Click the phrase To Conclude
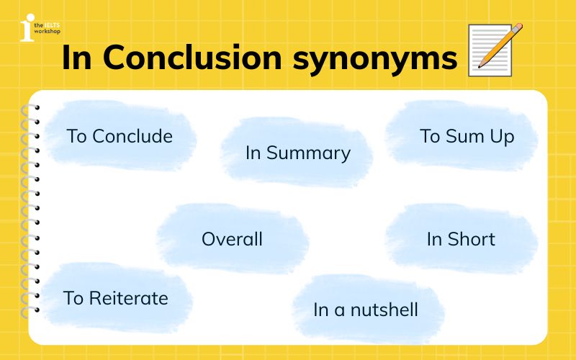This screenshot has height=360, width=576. click(120, 136)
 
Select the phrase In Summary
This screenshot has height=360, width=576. click(297, 153)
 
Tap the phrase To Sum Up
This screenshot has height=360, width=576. click(467, 136)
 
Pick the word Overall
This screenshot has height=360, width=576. click(232, 239)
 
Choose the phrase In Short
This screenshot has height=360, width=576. click(461, 239)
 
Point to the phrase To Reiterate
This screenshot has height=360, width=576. click(115, 297)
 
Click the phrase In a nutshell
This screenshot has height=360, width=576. click(366, 310)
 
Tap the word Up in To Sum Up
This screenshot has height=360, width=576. click(503, 137)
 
